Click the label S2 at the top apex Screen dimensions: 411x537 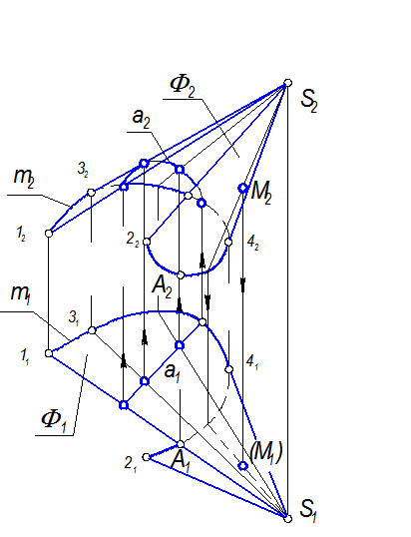(x=309, y=102)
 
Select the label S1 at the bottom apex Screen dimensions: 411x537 (x=307, y=510)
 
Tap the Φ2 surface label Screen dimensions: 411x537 (x=183, y=86)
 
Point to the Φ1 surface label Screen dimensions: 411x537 (x=54, y=420)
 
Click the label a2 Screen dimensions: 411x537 (x=141, y=119)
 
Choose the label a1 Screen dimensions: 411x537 (x=173, y=372)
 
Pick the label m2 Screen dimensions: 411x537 (x=24, y=178)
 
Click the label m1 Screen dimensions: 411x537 (x=21, y=294)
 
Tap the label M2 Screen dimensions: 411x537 (x=260, y=194)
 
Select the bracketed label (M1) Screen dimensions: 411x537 (x=266, y=453)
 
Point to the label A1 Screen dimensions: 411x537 (x=180, y=461)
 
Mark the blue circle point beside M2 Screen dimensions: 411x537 (x=243, y=188)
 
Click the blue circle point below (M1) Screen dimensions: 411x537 (x=243, y=466)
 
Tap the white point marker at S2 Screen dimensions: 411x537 (x=288, y=83)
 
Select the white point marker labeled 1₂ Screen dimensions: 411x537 (x=49, y=234)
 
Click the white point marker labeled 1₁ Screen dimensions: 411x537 (x=49, y=353)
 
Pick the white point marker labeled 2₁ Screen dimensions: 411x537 (x=146, y=457)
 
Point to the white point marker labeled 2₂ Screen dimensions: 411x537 (x=147, y=242)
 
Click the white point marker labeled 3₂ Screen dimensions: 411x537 (x=91, y=193)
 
